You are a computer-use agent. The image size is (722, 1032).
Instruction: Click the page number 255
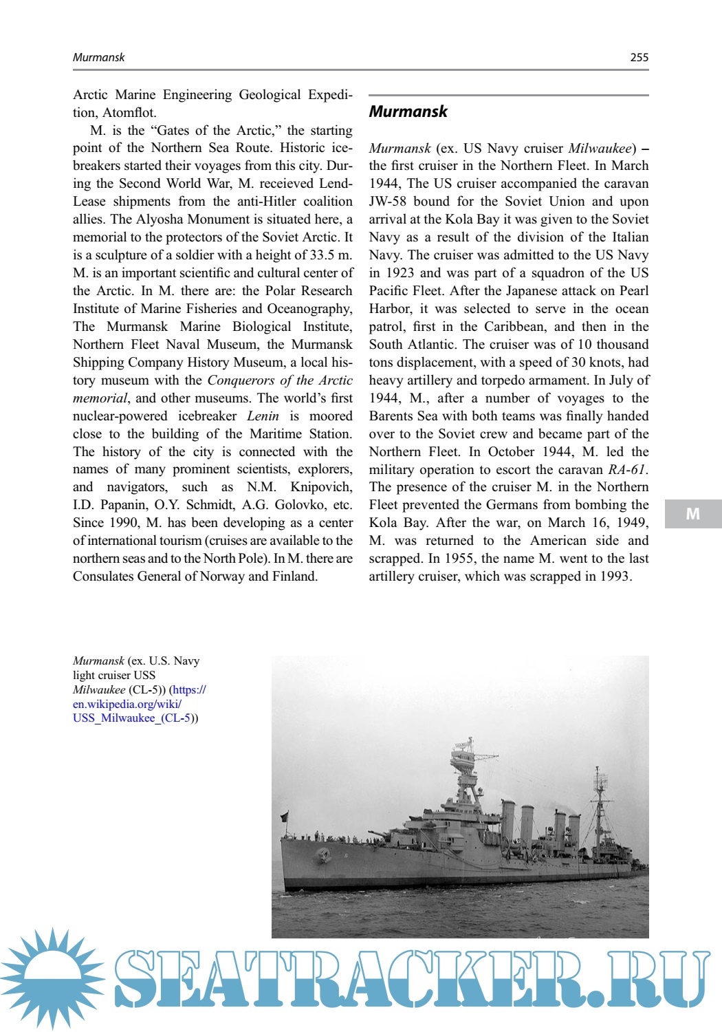(x=639, y=58)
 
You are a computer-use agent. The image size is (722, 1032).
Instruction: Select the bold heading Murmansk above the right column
(x=408, y=111)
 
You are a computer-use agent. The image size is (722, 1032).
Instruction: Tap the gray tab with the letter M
(x=692, y=514)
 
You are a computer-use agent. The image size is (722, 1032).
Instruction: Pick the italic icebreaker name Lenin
(x=263, y=416)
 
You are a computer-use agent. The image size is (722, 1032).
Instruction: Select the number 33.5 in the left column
(x=323, y=255)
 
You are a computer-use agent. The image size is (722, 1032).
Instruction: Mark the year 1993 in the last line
(x=613, y=577)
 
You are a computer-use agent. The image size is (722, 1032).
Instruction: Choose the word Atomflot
(x=129, y=113)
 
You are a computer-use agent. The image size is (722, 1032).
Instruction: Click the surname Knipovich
(x=320, y=487)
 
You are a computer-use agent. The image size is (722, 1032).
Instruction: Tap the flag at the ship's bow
(x=284, y=818)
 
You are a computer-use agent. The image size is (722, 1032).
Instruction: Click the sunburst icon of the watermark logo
(x=52, y=977)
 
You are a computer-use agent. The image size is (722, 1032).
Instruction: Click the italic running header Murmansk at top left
(x=98, y=58)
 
